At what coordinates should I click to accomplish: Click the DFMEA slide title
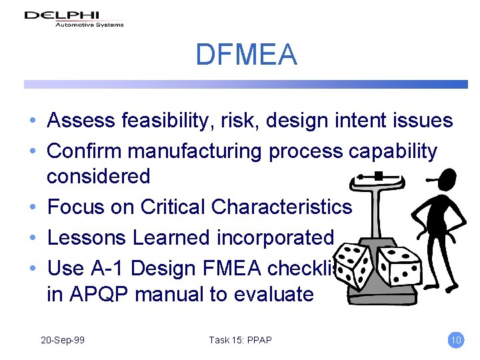pyautogui.click(x=245, y=54)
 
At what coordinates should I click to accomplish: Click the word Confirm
pyautogui.click(x=84, y=151)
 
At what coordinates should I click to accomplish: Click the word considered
pyautogui.click(x=98, y=177)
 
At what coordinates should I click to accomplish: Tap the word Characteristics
pyautogui.click(x=281, y=207)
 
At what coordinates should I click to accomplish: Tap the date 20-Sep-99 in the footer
pyautogui.click(x=62, y=340)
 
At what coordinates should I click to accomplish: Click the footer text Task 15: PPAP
pyautogui.click(x=240, y=340)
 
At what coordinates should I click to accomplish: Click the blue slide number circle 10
pyautogui.click(x=456, y=340)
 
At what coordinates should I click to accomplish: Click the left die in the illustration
pyautogui.click(x=354, y=266)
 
